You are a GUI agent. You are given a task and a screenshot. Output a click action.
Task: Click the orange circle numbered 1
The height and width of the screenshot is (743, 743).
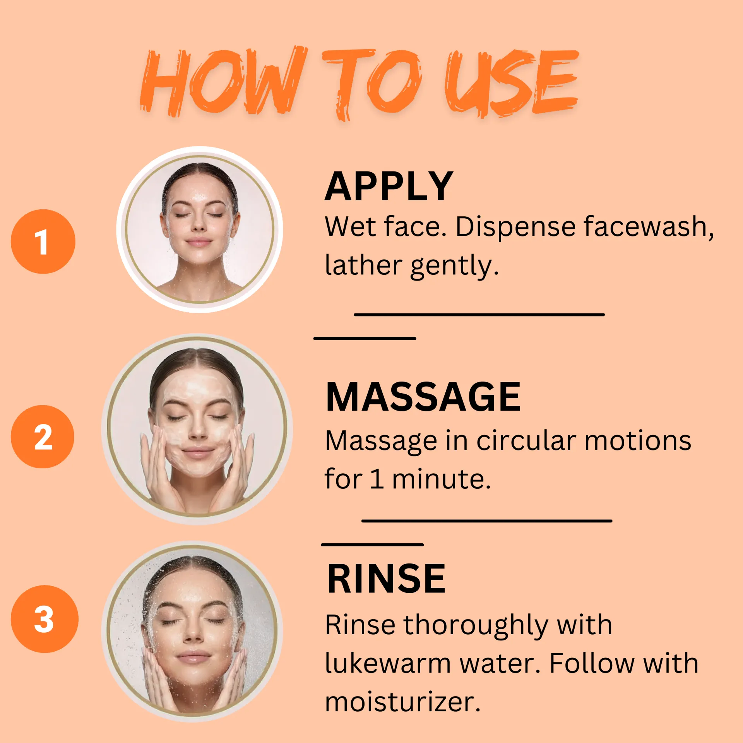(43, 241)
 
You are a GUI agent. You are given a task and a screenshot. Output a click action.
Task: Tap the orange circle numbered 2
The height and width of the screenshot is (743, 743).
(43, 437)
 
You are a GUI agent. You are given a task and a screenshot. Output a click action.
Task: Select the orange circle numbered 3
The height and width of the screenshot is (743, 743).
(45, 619)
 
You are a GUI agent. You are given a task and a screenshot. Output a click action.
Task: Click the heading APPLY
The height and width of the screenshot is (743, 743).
(389, 187)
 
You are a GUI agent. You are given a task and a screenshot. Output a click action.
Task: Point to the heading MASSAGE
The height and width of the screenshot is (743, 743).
(423, 397)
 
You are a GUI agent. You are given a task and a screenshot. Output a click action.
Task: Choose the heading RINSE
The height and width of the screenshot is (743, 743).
(386, 579)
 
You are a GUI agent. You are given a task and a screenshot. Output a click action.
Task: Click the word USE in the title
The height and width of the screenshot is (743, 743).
(512, 83)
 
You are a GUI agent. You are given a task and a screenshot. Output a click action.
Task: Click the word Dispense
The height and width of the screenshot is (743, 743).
(515, 228)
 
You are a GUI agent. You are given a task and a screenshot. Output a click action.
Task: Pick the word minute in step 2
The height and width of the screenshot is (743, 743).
(441, 479)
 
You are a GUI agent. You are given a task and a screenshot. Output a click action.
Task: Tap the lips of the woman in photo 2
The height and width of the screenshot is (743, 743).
(198, 451)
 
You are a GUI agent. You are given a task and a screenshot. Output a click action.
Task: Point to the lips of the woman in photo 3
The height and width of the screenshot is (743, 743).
(193, 656)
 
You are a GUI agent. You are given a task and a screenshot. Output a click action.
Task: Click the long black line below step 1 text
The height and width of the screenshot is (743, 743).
(479, 315)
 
